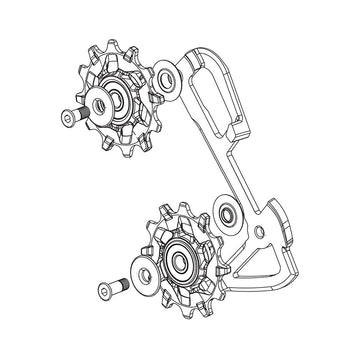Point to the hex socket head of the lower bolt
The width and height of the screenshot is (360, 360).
103,289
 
